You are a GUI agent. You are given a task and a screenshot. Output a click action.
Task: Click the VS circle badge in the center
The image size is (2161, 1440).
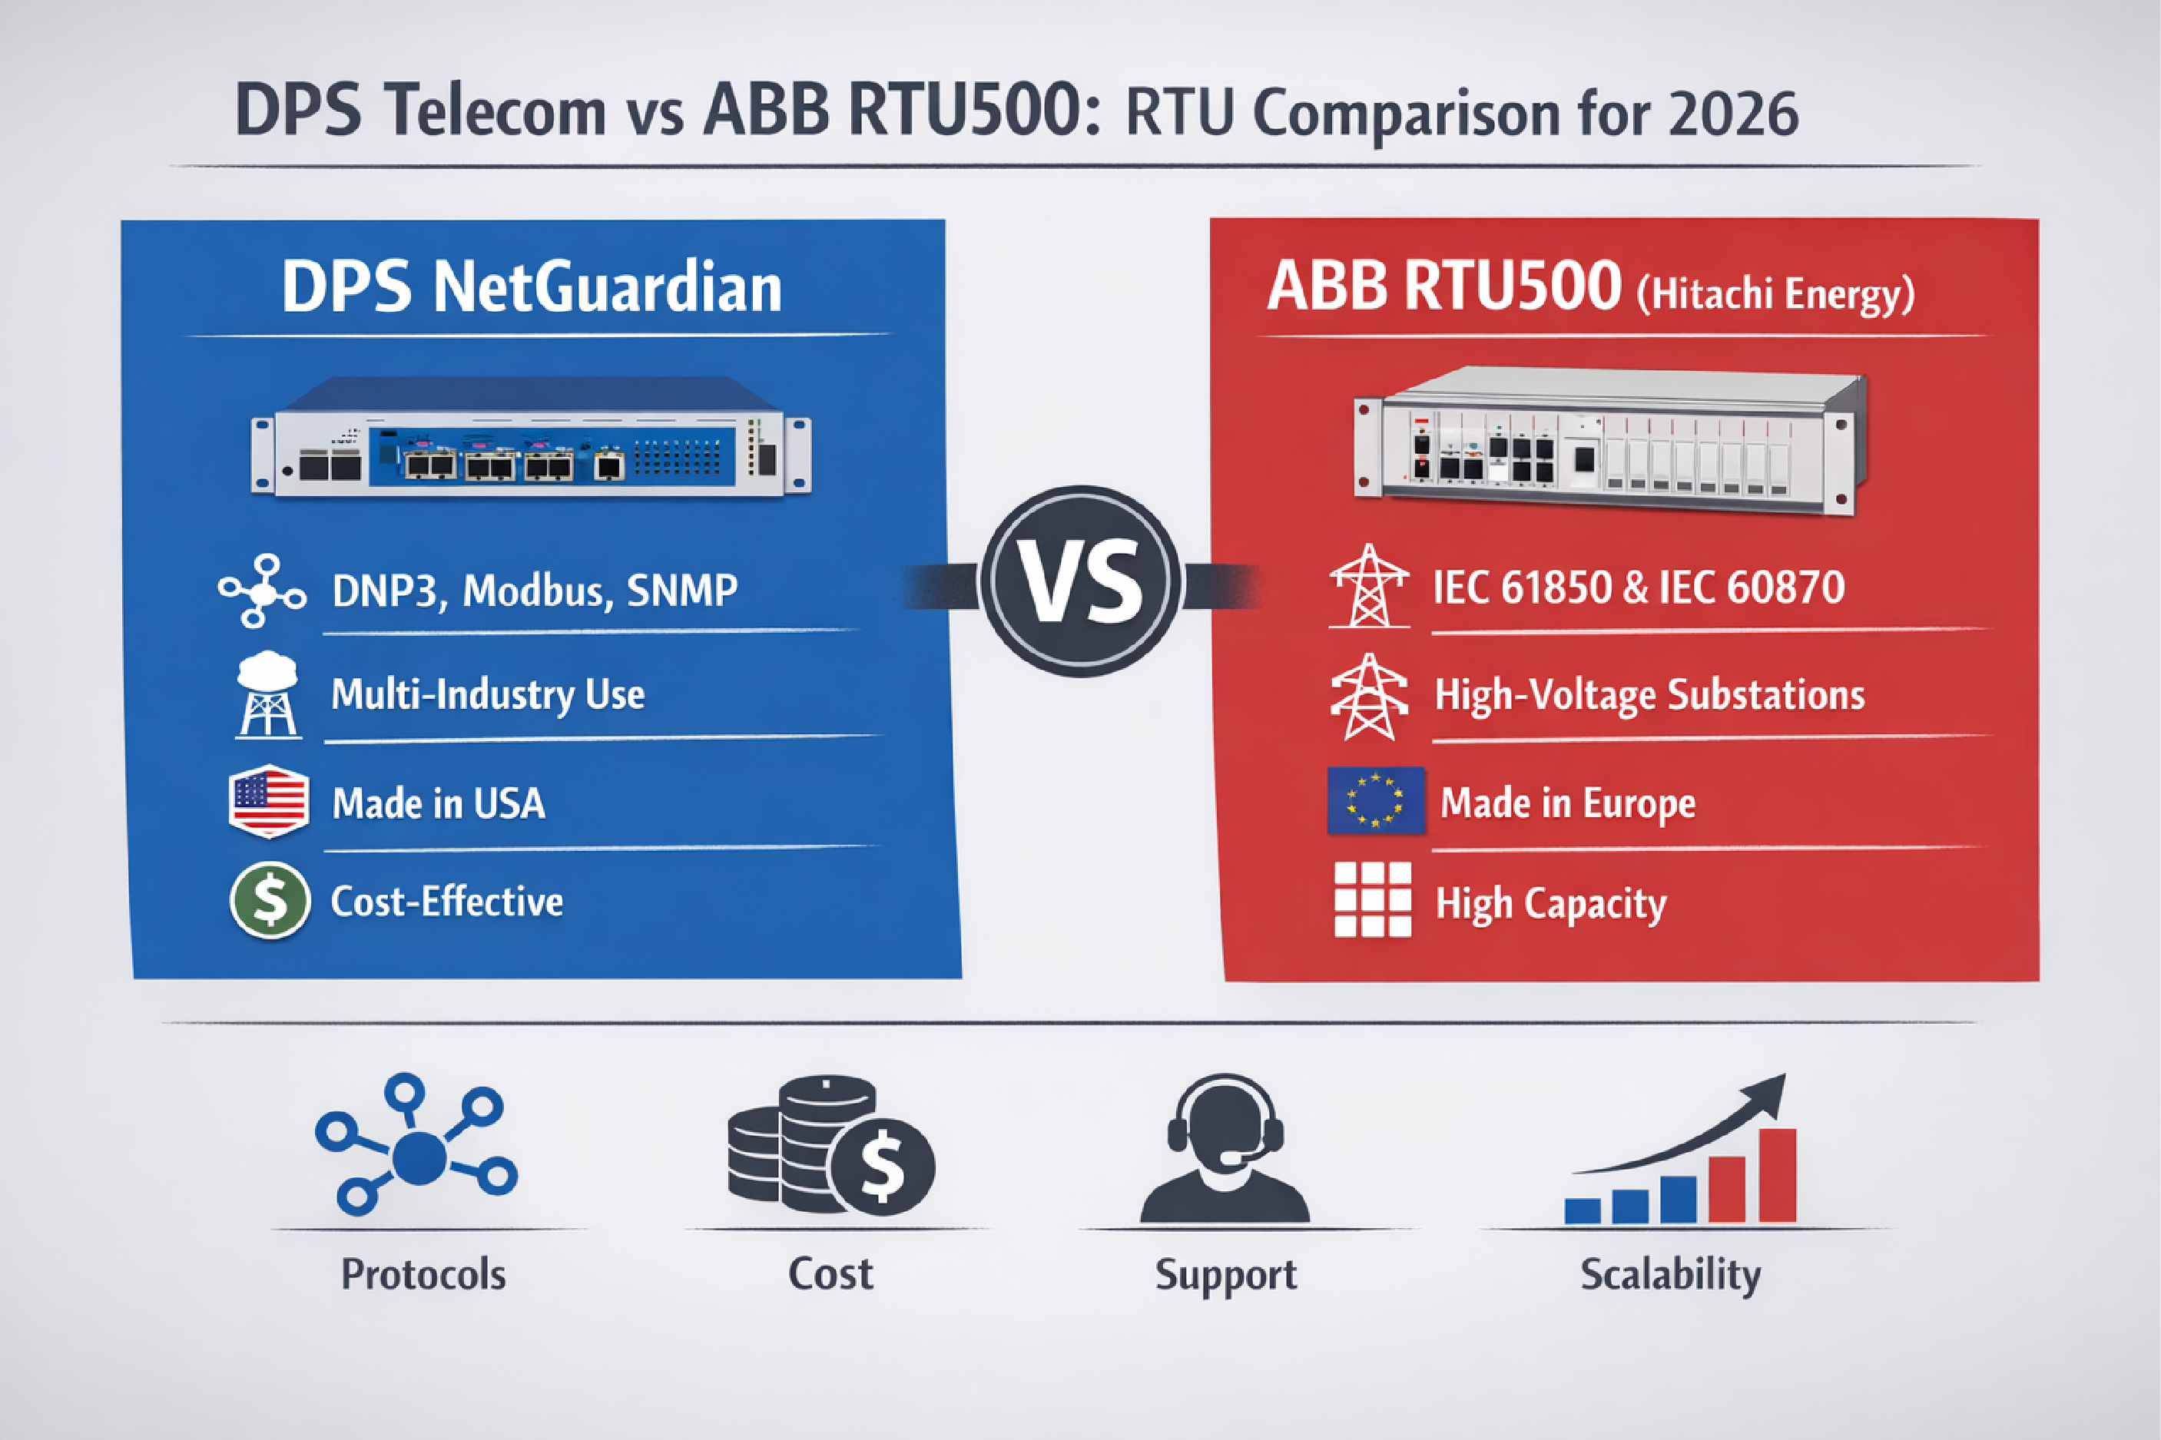1081,582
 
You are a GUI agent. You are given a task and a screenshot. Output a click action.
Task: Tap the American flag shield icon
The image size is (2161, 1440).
267,801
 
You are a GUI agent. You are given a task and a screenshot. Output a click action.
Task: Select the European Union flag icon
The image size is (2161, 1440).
1375,800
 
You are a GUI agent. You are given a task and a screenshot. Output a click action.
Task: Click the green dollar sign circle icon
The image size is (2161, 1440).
269,900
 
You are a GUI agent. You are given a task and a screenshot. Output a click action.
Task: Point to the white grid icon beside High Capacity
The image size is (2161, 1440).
1372,899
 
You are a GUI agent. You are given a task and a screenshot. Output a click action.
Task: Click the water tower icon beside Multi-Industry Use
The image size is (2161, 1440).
267,695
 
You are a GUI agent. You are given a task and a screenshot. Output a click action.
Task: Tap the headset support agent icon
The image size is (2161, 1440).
1225,1148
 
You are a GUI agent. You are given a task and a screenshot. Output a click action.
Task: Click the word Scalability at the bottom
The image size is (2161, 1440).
1669,1274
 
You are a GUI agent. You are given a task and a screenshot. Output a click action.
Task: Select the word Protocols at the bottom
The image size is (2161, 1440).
423,1275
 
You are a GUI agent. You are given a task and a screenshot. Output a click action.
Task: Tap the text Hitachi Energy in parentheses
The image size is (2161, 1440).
1776,294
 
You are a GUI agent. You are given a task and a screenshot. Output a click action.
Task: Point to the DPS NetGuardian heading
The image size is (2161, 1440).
531,287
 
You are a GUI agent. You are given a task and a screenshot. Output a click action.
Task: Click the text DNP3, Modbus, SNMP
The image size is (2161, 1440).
535,590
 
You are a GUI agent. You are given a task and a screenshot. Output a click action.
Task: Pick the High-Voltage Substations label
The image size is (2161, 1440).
1649,694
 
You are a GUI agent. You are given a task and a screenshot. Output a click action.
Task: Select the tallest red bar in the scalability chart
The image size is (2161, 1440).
1776,1176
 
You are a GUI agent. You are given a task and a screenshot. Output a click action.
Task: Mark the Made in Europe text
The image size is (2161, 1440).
1568,803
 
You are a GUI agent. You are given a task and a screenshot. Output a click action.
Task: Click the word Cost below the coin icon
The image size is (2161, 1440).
830,1275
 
